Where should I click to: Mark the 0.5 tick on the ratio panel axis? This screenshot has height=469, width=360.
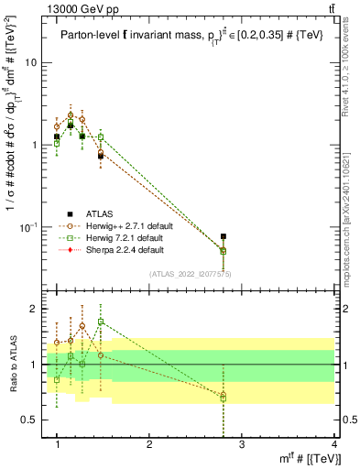(x=31, y=420)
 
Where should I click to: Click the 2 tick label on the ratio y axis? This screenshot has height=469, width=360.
(x=36, y=309)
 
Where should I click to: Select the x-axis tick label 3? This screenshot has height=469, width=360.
(x=242, y=444)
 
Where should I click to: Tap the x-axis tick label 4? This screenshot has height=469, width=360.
(x=334, y=444)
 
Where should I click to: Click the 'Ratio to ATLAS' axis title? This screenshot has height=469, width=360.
(x=12, y=365)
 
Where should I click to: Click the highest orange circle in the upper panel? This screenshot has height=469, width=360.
(x=71, y=115)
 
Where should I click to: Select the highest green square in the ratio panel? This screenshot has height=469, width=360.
(x=101, y=322)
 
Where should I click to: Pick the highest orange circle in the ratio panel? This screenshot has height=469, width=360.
(x=82, y=325)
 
